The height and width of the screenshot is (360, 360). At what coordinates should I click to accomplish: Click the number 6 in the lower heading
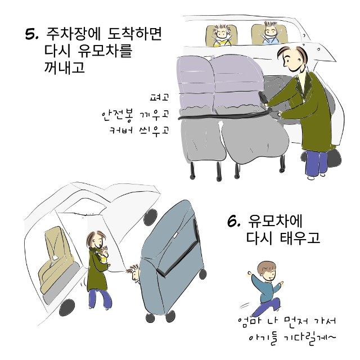(x=234, y=221)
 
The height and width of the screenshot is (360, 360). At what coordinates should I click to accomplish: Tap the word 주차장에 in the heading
(x=74, y=34)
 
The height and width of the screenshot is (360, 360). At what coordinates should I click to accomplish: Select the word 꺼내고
(x=65, y=67)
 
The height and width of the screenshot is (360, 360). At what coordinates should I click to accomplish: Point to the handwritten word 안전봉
(x=117, y=114)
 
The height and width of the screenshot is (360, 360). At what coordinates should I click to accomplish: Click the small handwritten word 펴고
(x=159, y=97)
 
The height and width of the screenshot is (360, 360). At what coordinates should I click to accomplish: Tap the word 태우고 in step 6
(x=300, y=237)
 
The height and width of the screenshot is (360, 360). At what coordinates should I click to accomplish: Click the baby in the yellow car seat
(x=221, y=35)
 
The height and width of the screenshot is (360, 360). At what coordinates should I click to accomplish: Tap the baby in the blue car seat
(x=271, y=33)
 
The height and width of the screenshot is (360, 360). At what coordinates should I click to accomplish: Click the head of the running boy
(x=267, y=271)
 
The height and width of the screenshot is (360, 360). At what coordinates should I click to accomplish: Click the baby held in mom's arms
(x=103, y=255)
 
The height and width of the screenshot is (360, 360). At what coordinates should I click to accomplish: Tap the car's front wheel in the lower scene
(x=67, y=308)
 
